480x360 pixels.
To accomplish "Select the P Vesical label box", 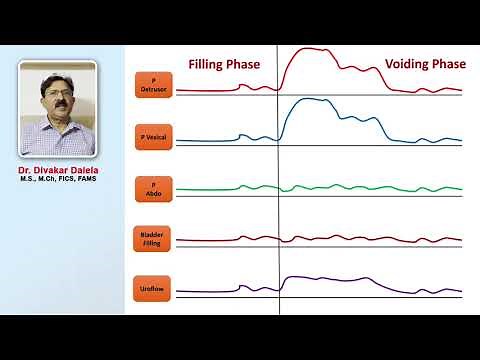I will click(x=154, y=135).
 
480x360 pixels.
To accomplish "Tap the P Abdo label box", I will click(x=154, y=187).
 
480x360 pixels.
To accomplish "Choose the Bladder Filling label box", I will click(x=154, y=237).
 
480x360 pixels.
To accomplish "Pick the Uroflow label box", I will click(x=154, y=289).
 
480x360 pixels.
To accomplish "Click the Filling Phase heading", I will click(x=224, y=64).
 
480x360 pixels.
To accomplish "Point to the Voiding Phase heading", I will click(x=425, y=64).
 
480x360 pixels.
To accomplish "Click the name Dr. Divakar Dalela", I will click(x=58, y=170).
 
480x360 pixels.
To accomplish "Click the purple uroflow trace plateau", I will click(x=330, y=278).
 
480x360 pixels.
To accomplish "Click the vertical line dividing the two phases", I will click(x=279, y=200).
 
